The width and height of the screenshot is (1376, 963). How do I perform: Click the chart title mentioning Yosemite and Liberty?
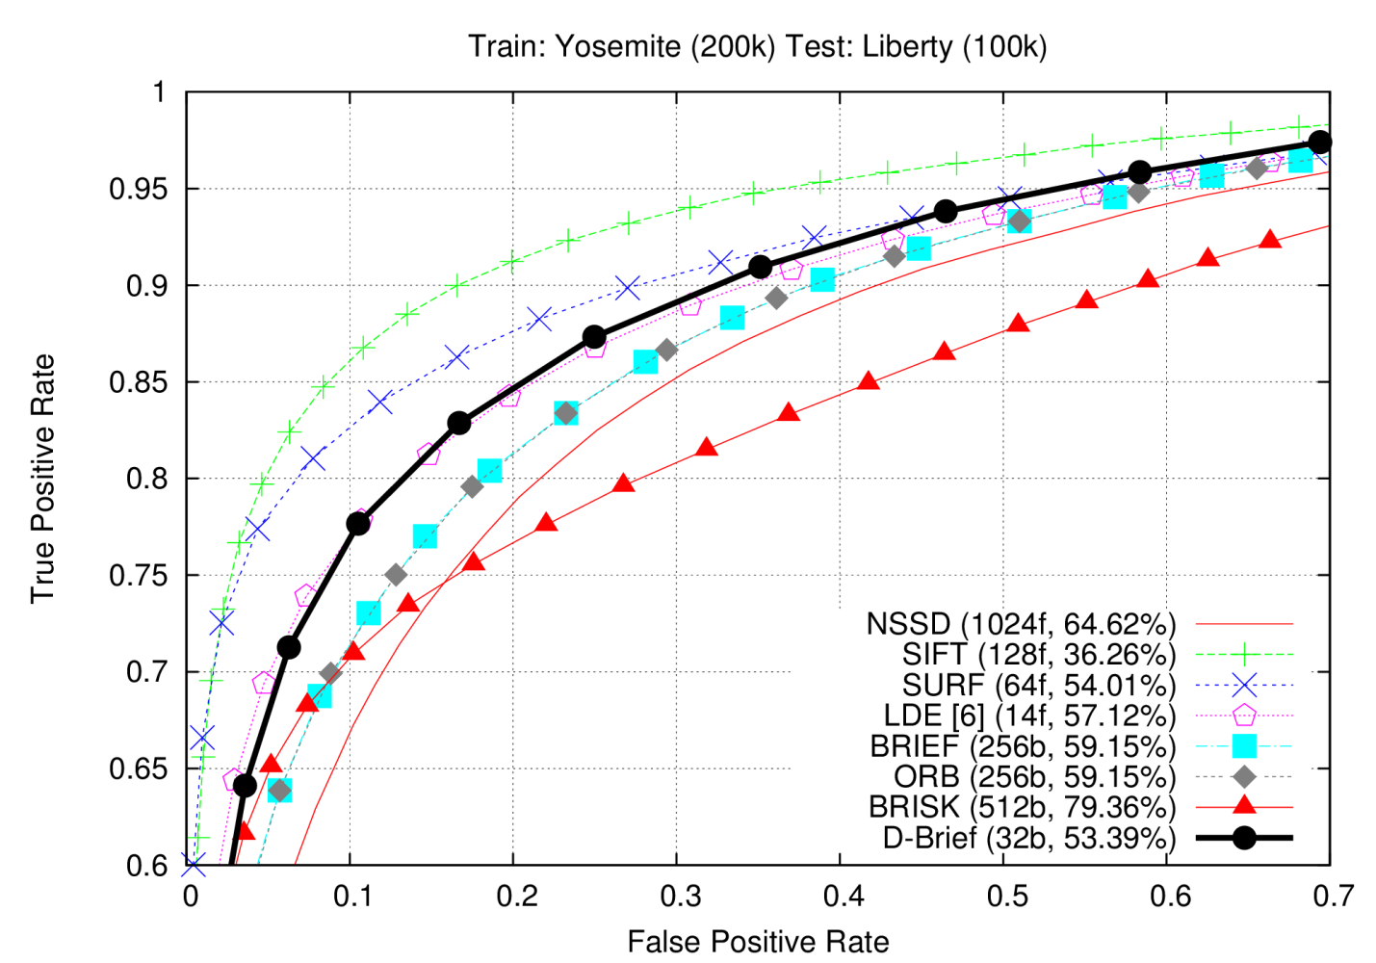point(757,46)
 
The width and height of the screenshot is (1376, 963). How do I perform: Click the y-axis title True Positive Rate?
point(42,479)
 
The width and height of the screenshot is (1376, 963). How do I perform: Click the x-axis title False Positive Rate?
point(758,941)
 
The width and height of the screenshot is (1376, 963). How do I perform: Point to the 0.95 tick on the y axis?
point(138,190)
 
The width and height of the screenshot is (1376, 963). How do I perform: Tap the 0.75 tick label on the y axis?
point(138,576)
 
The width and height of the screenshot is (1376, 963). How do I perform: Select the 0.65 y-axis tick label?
point(138,768)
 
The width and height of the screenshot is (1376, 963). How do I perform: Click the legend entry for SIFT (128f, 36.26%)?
point(1039,655)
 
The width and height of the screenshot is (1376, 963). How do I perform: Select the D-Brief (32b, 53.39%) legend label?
point(1029,838)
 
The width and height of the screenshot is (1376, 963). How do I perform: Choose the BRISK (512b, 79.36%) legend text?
point(1022,807)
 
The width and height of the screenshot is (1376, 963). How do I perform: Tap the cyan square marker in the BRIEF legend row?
point(1244,746)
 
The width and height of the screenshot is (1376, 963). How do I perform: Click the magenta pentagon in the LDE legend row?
point(1244,716)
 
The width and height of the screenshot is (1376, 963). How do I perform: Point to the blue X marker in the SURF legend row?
point(1244,685)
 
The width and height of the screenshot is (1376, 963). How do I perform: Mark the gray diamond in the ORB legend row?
point(1244,776)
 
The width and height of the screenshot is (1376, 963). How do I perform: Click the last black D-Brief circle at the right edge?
point(1320,143)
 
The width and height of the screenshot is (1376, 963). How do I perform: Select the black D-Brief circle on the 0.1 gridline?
point(358,524)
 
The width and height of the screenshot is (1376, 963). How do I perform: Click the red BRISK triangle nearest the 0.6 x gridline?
point(1147,278)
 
